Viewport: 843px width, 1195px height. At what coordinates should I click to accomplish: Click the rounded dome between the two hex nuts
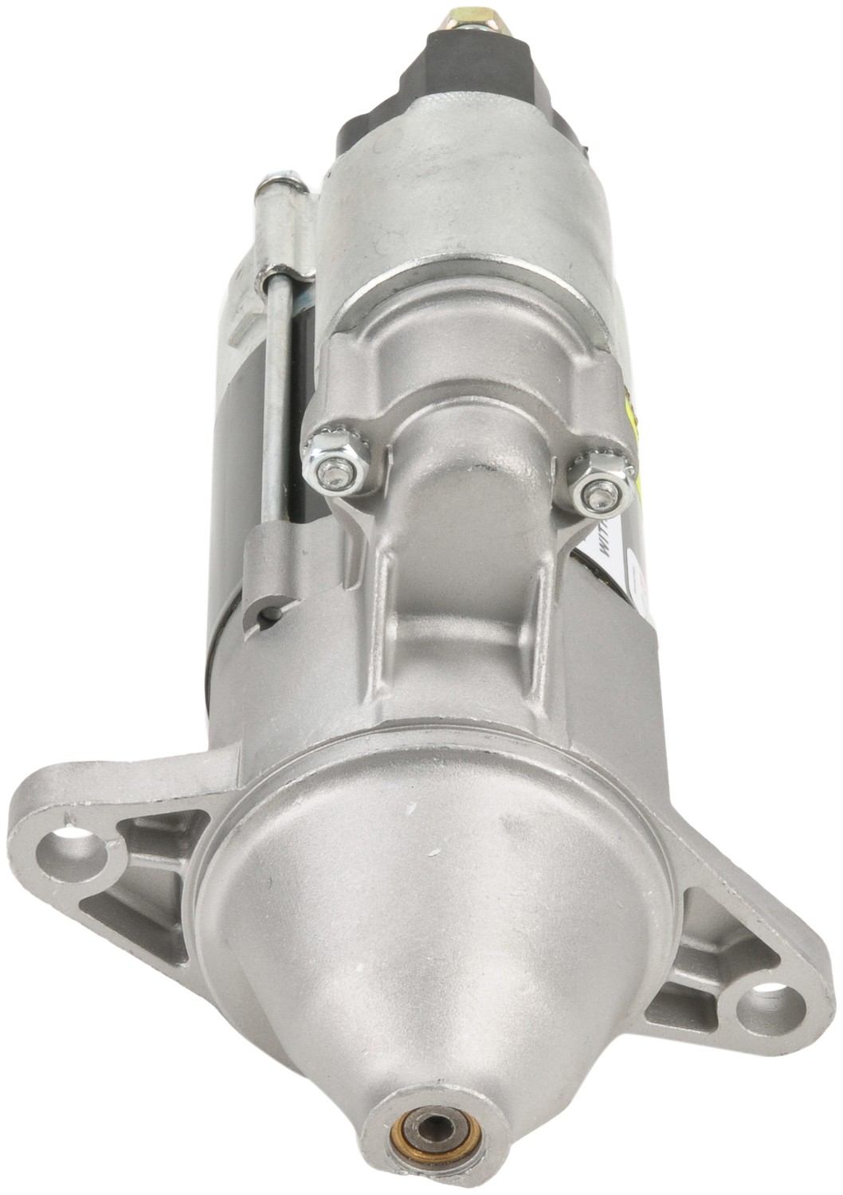coord(470,470)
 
